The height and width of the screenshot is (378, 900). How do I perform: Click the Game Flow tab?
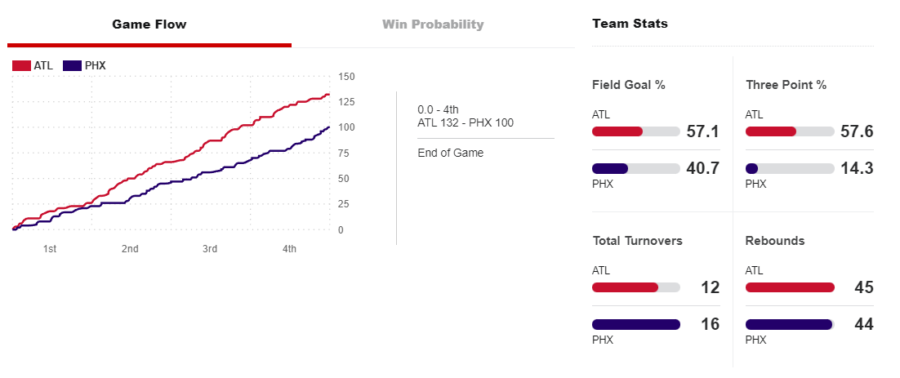(x=149, y=24)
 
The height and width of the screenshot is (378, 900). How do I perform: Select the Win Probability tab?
(x=433, y=24)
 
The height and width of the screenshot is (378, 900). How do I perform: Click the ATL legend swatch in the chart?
(x=21, y=65)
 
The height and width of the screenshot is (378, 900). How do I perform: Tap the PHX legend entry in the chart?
(x=85, y=65)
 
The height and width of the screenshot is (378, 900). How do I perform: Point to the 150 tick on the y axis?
(x=345, y=77)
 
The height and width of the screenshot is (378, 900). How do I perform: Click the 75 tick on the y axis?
(x=345, y=153)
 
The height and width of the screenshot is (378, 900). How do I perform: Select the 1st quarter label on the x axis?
(x=50, y=248)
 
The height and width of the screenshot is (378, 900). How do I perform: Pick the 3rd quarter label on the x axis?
(x=210, y=248)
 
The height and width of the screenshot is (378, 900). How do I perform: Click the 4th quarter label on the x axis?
(x=289, y=248)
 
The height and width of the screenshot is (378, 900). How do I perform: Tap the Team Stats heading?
(x=630, y=24)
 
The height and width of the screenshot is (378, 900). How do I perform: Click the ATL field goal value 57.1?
(x=703, y=131)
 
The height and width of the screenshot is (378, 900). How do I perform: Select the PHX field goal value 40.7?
(x=703, y=169)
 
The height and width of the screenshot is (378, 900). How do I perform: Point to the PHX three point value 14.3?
(x=858, y=169)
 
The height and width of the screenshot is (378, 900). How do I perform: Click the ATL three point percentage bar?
(x=790, y=131)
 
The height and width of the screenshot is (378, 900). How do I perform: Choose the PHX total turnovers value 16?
(x=710, y=324)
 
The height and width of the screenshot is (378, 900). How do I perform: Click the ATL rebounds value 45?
(x=864, y=287)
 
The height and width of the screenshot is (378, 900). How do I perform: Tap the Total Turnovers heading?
(x=637, y=241)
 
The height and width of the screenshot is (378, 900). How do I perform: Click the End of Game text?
(x=450, y=153)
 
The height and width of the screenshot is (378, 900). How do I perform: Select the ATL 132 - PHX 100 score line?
(x=466, y=122)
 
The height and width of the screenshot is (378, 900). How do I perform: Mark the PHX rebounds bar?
(x=789, y=324)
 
